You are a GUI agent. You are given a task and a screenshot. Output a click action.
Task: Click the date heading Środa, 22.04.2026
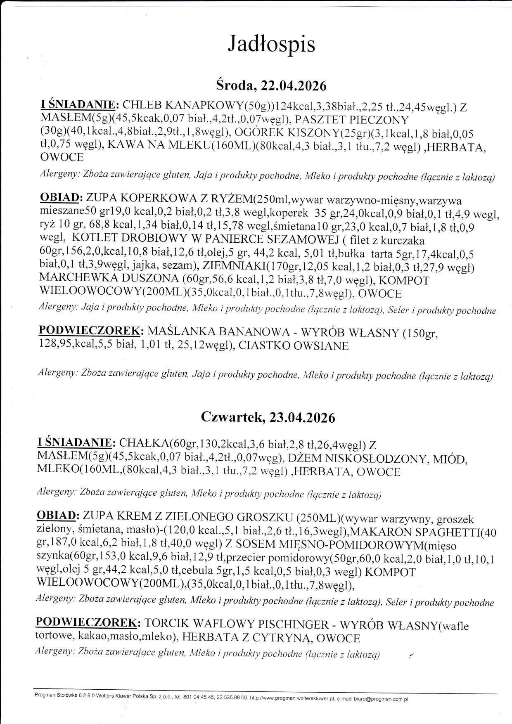coord(271,85)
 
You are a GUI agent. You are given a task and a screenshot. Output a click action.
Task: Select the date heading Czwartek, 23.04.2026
coord(268,417)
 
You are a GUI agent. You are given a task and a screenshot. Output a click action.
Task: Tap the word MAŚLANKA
coord(180,332)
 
